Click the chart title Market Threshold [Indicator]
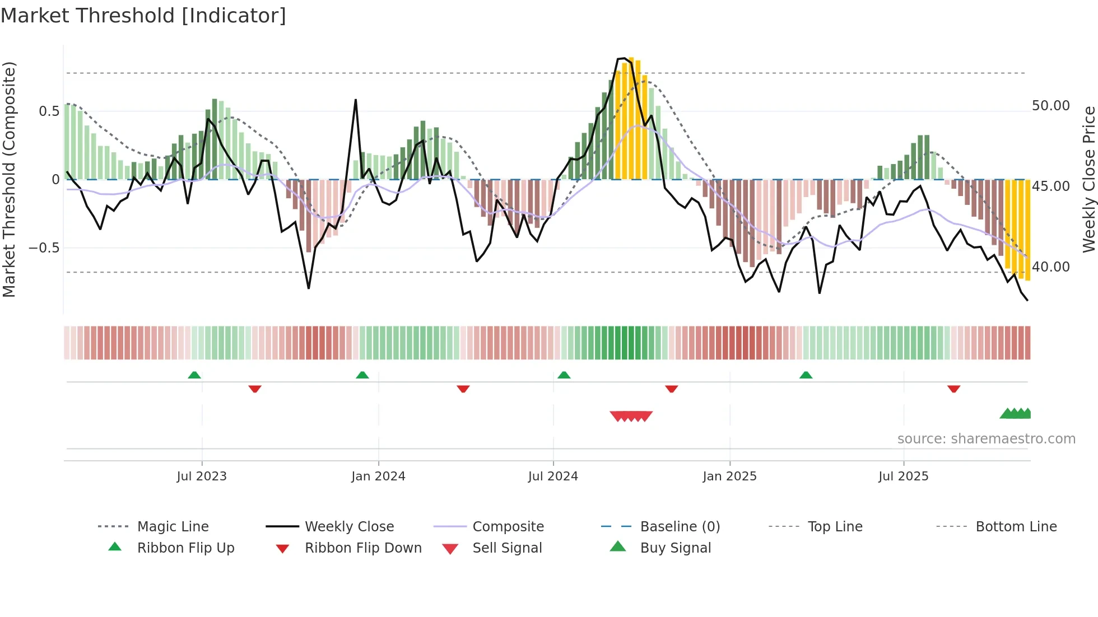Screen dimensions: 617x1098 pyautogui.click(x=143, y=16)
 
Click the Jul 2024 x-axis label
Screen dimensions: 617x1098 pyautogui.click(x=553, y=476)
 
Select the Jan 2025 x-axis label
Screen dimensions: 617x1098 pyautogui.click(x=729, y=476)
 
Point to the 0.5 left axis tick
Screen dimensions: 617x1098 pyautogui.click(x=49, y=111)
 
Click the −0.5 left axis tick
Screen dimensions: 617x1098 pyautogui.click(x=44, y=248)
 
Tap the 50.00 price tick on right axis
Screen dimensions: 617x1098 pyautogui.click(x=1050, y=106)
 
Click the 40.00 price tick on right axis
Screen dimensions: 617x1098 pyautogui.click(x=1050, y=267)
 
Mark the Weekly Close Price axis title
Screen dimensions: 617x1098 pyautogui.click(x=1088, y=179)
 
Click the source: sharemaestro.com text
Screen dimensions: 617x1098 pyautogui.click(x=986, y=439)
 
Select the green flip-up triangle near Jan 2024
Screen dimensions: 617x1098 pyautogui.click(x=362, y=375)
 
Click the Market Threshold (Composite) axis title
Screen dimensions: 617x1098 pyautogui.click(x=9, y=179)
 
